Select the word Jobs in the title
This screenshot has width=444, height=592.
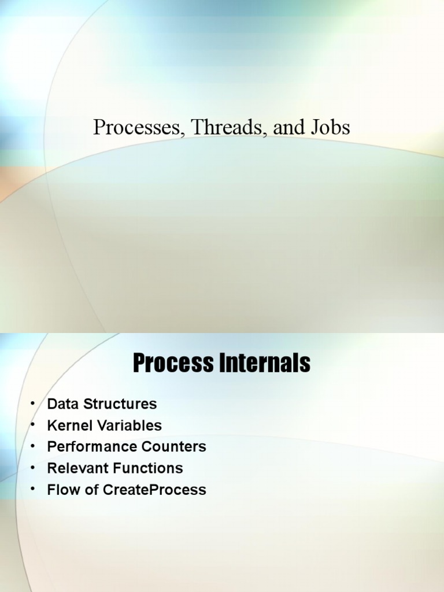[x=331, y=128]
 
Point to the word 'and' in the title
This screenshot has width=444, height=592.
[x=289, y=128]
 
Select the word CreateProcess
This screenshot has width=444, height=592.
[x=154, y=490]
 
